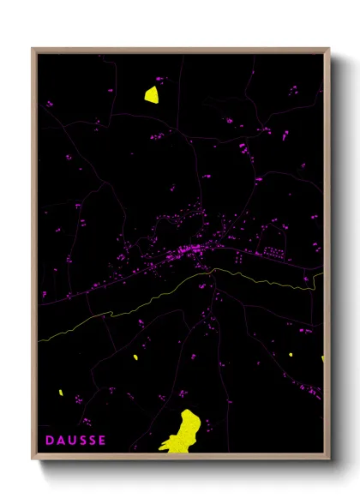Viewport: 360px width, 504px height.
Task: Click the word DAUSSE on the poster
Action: pos(75,441)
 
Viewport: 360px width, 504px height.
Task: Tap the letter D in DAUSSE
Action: pos(49,441)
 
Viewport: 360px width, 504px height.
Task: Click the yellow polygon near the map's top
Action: pos(152,94)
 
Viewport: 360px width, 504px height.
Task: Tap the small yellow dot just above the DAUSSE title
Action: pos(61,393)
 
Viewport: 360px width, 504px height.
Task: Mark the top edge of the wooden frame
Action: pos(180,50)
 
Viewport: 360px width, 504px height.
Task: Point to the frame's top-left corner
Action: pos(33,50)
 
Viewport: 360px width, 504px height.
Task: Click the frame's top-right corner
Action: pos(327,50)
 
